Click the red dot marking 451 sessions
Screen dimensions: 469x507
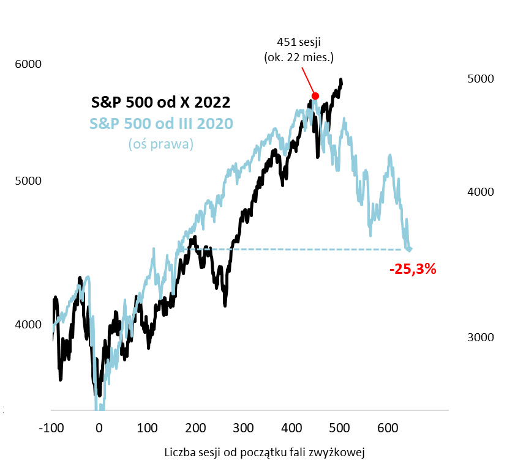315,95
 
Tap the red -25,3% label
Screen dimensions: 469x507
413,268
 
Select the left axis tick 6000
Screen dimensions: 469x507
26,65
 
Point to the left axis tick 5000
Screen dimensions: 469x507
26,182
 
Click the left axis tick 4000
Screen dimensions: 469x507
26,325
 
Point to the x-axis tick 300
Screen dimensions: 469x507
244,426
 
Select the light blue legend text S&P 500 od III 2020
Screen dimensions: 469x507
161,123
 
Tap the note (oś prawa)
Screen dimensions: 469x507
161,144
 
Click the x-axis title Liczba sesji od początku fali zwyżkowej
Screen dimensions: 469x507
265,452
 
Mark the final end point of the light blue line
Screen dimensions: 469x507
410,249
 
